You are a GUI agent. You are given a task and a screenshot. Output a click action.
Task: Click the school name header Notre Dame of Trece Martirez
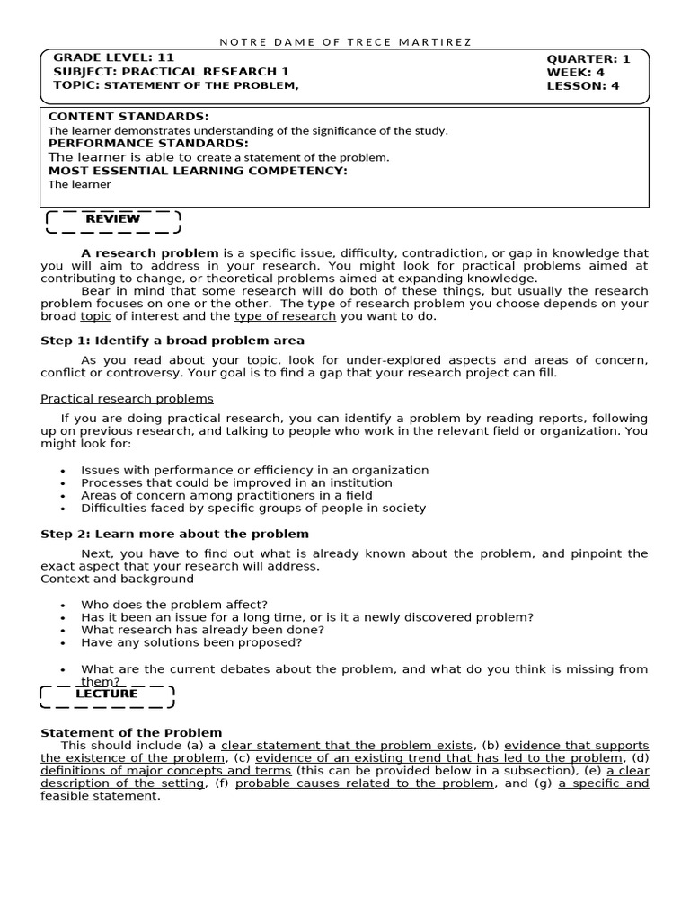click(x=345, y=42)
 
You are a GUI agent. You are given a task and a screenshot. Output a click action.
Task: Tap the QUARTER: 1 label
click(x=588, y=59)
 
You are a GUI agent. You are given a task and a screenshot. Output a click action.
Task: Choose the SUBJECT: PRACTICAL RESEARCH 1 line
click(x=172, y=72)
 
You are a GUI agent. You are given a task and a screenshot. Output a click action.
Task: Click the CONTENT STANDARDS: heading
click(x=128, y=117)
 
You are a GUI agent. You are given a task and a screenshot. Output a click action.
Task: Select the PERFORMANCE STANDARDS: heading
click(x=148, y=143)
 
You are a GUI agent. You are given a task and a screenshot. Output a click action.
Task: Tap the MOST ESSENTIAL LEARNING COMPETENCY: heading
click(x=197, y=171)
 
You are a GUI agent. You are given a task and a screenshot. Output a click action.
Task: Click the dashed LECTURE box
click(x=107, y=694)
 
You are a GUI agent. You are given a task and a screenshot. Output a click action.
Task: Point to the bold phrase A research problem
click(x=149, y=253)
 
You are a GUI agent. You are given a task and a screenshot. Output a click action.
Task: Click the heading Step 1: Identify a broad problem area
click(x=172, y=341)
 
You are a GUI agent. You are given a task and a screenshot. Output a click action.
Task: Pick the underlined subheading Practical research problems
click(x=127, y=399)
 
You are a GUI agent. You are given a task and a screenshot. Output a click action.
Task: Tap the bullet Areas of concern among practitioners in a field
click(x=241, y=495)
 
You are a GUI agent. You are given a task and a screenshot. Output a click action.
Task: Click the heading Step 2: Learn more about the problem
click(x=174, y=534)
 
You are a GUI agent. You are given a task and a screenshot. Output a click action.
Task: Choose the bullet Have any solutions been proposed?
click(x=191, y=642)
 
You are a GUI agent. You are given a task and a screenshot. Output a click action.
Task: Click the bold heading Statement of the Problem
click(x=131, y=733)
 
